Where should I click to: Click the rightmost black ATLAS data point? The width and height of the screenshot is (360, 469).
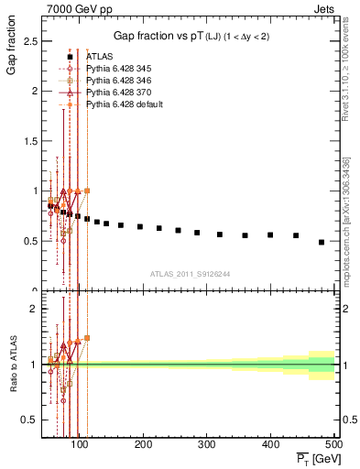(x=322, y=242)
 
